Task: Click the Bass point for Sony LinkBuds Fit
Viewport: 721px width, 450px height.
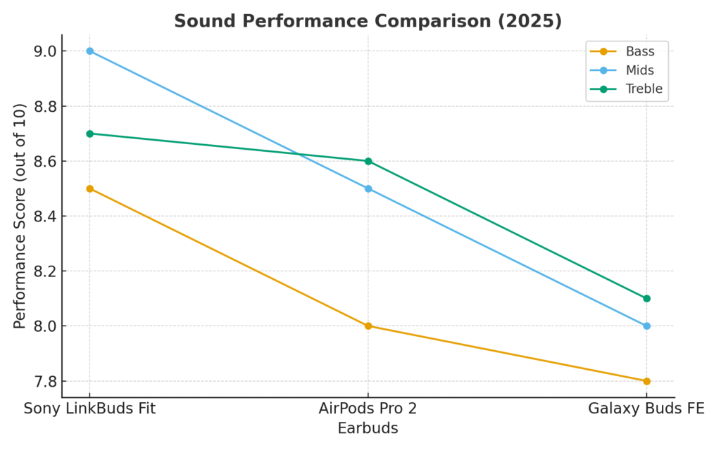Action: pos(89,188)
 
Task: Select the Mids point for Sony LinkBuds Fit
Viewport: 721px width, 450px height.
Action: pos(89,51)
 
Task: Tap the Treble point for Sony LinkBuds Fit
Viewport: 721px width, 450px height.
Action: pos(89,134)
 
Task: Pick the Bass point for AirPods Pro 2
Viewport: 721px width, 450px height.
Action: pos(368,326)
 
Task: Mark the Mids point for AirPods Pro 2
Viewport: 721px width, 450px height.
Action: pos(368,188)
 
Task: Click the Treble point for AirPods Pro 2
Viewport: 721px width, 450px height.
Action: pos(368,161)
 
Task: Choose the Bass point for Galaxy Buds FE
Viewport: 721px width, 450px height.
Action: pos(646,381)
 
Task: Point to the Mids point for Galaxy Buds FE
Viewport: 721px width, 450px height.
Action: pos(646,326)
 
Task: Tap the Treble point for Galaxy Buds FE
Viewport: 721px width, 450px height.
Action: pos(646,298)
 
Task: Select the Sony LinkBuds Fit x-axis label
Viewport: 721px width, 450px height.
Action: pos(89,409)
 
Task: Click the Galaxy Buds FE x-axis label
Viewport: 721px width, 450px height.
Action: pos(646,409)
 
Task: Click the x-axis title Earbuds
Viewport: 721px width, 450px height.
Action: pos(368,428)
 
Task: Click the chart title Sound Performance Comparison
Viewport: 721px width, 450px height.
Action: pos(368,21)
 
